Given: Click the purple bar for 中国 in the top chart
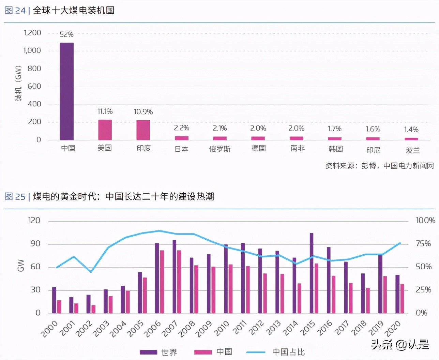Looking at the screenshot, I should pyautogui.click(x=66, y=91).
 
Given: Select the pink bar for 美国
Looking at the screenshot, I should pyautogui.click(x=105, y=130).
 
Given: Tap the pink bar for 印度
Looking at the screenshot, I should pyautogui.click(x=143, y=130).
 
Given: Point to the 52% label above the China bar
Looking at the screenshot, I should pyautogui.click(x=66, y=34).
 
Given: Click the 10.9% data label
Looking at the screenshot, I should pyautogui.click(x=143, y=112).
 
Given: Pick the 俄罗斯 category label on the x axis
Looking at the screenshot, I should pyautogui.click(x=220, y=149).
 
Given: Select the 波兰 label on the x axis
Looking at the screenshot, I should pyautogui.click(x=412, y=150).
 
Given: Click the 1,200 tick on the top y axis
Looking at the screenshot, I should pyautogui.click(x=32, y=33).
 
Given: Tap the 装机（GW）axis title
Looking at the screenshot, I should pyautogui.click(x=18, y=84).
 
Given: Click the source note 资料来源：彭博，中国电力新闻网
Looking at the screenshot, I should pyautogui.click(x=379, y=166).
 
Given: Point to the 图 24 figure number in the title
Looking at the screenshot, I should pyautogui.click(x=15, y=11).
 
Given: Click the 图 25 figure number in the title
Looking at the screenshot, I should pyautogui.click(x=15, y=197).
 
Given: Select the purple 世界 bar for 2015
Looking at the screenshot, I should pyautogui.click(x=312, y=273).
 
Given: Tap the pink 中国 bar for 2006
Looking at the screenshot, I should pyautogui.click(x=162, y=282).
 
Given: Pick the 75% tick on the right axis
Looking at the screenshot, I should pyautogui.click(x=423, y=244).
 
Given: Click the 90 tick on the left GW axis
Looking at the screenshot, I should pyautogui.click(x=35, y=244).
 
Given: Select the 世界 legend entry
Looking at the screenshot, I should pyautogui.click(x=158, y=352).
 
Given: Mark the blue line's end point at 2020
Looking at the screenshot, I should pyautogui.click(x=400, y=243).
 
